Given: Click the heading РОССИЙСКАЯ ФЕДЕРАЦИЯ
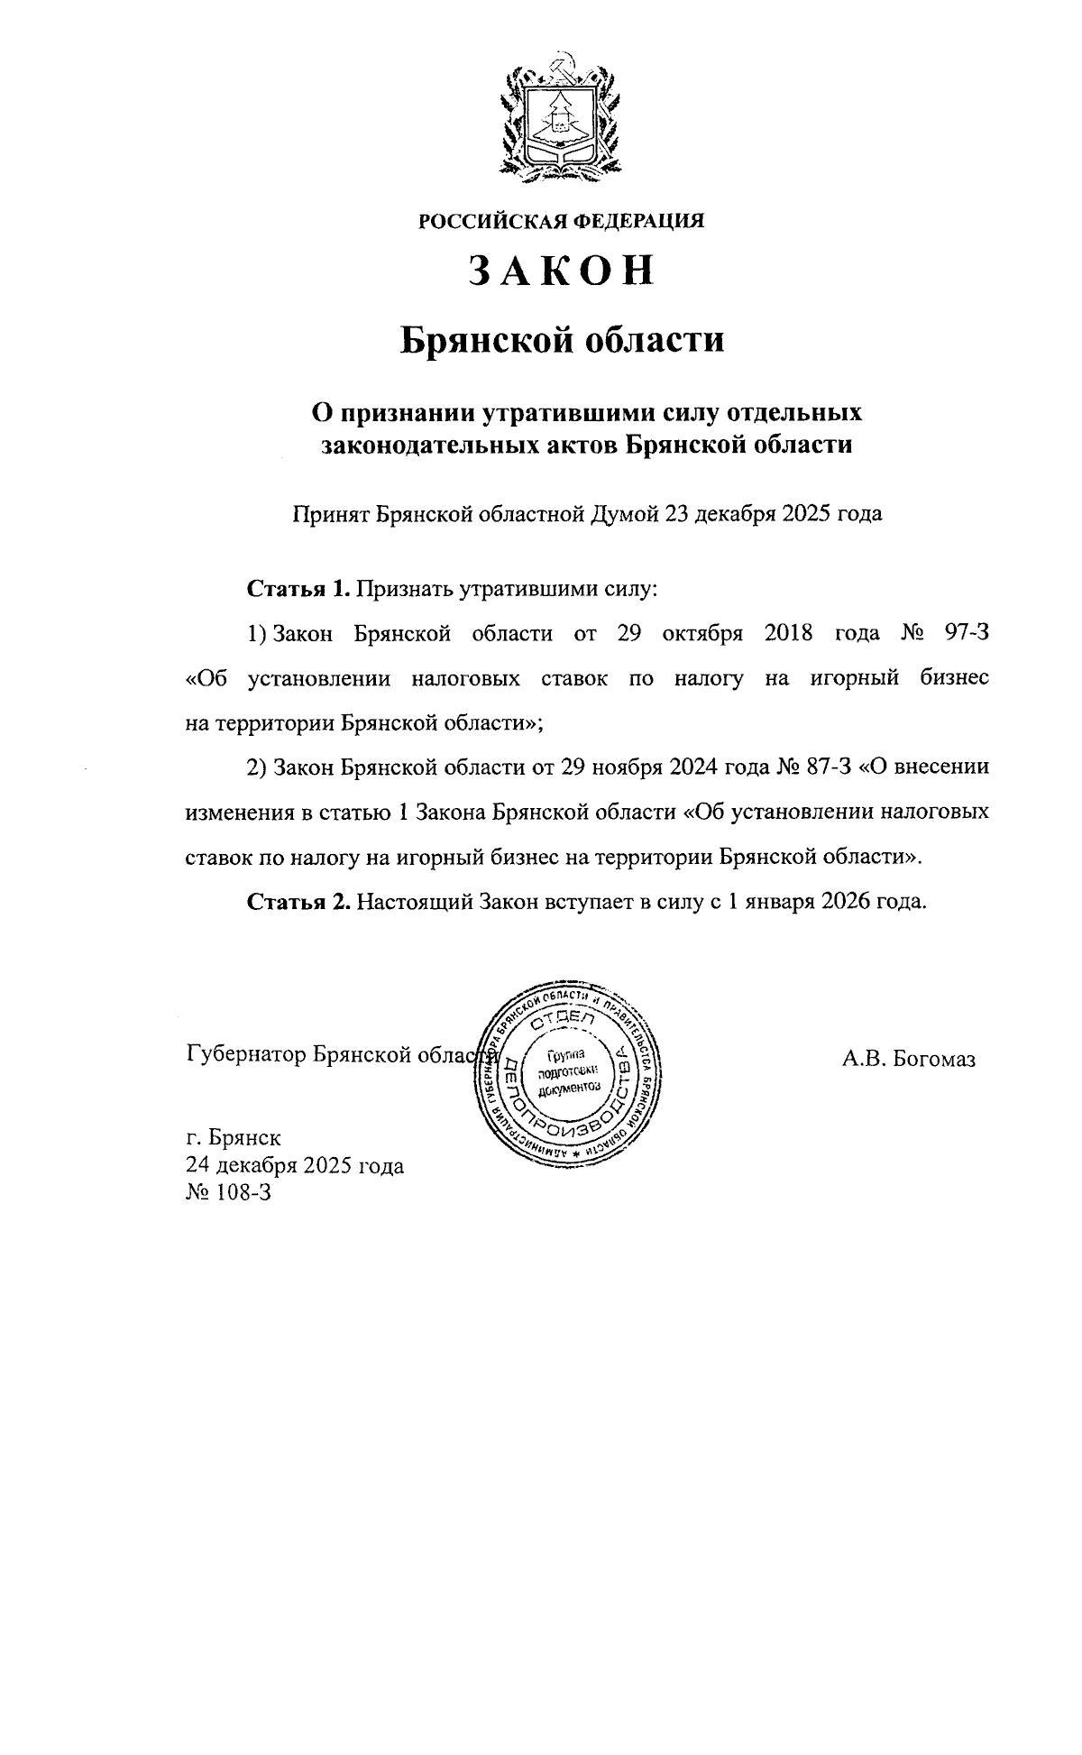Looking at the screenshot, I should tap(560, 220).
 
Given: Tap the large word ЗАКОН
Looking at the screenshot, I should tap(560, 271).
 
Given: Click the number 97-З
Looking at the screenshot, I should tap(965, 633).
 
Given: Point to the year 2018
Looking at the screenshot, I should tap(788, 633).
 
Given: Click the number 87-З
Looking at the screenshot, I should tap(826, 767).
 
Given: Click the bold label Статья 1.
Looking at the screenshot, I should tap(298, 590).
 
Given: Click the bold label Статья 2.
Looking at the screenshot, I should tap(298, 901).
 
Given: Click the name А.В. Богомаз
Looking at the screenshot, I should tap(909, 1061).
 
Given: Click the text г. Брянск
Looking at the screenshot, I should tap(234, 1138).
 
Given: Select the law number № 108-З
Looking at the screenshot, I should tap(228, 1192).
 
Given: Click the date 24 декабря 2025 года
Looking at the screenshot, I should tap(294, 1165).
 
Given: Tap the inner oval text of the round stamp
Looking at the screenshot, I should tap(568, 1073).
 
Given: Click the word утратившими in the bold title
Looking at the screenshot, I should tap(563, 414).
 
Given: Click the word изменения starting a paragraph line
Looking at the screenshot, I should tap(238, 812).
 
